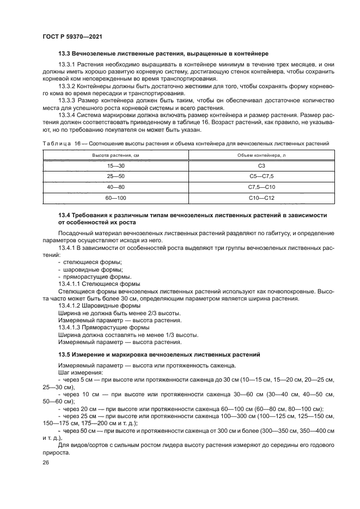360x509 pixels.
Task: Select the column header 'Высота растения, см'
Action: click(x=115, y=155)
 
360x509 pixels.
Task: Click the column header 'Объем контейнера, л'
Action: click(x=261, y=155)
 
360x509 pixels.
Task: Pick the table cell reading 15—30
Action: click(x=115, y=166)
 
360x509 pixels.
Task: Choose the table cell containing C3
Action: click(x=261, y=166)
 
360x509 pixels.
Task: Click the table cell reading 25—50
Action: click(x=115, y=176)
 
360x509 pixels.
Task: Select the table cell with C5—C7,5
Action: click(x=261, y=176)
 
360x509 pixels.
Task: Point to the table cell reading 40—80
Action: click(x=115, y=187)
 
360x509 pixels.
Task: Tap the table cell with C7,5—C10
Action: click(x=261, y=187)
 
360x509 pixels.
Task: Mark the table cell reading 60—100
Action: click(x=115, y=198)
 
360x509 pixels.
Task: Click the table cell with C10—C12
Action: click(x=261, y=198)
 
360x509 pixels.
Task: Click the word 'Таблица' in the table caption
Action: click(x=54, y=143)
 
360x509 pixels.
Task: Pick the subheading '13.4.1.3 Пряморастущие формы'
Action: click(x=103, y=328)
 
